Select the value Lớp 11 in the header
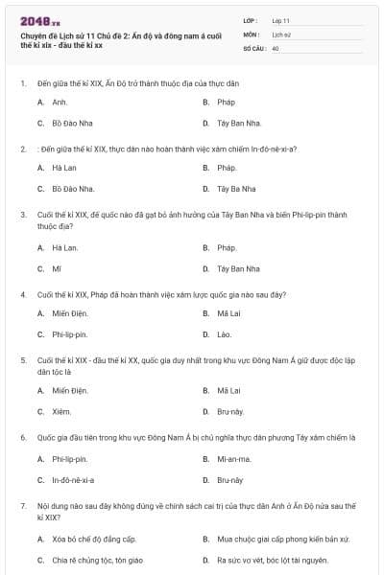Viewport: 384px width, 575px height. click(x=280, y=19)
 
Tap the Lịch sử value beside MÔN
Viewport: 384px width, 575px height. click(x=279, y=34)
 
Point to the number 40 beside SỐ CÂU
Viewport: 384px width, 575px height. click(x=276, y=47)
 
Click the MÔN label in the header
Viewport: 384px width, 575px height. click(x=252, y=34)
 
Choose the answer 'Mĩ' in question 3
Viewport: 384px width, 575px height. click(x=57, y=268)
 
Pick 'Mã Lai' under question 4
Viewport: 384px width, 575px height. click(x=228, y=313)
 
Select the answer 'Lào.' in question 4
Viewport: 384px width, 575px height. click(x=225, y=334)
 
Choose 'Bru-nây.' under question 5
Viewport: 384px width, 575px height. click(x=230, y=412)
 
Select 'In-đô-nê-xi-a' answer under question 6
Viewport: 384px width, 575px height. click(x=73, y=479)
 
